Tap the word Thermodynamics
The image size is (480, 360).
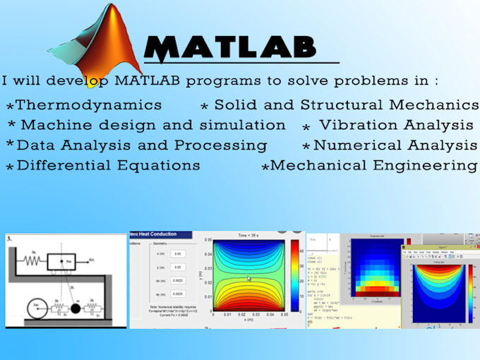[x=88, y=105]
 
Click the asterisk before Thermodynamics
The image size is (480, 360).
[x=9, y=107]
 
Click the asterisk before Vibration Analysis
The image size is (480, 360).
[x=306, y=128]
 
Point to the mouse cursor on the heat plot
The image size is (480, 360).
[x=248, y=280]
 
